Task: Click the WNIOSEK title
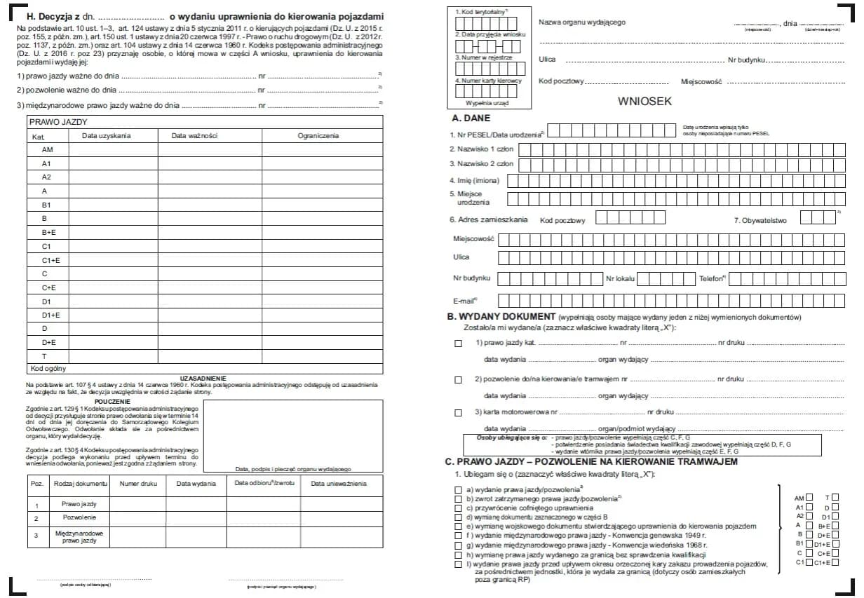(644, 101)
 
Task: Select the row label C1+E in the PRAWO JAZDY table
(47, 260)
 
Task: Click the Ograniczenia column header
(318, 136)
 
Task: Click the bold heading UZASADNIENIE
(203, 378)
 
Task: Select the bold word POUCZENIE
(112, 402)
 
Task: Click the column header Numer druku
(138, 484)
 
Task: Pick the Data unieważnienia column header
(339, 484)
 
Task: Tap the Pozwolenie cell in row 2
(79, 517)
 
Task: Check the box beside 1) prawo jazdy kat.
(459, 344)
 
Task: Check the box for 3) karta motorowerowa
(459, 412)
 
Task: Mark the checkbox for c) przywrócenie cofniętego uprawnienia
(459, 508)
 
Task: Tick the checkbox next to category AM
(809, 497)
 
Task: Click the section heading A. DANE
(471, 118)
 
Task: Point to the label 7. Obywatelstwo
(760, 220)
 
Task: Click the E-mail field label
(465, 301)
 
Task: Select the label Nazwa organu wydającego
(581, 22)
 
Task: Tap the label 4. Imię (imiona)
(474, 181)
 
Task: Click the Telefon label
(712, 279)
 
